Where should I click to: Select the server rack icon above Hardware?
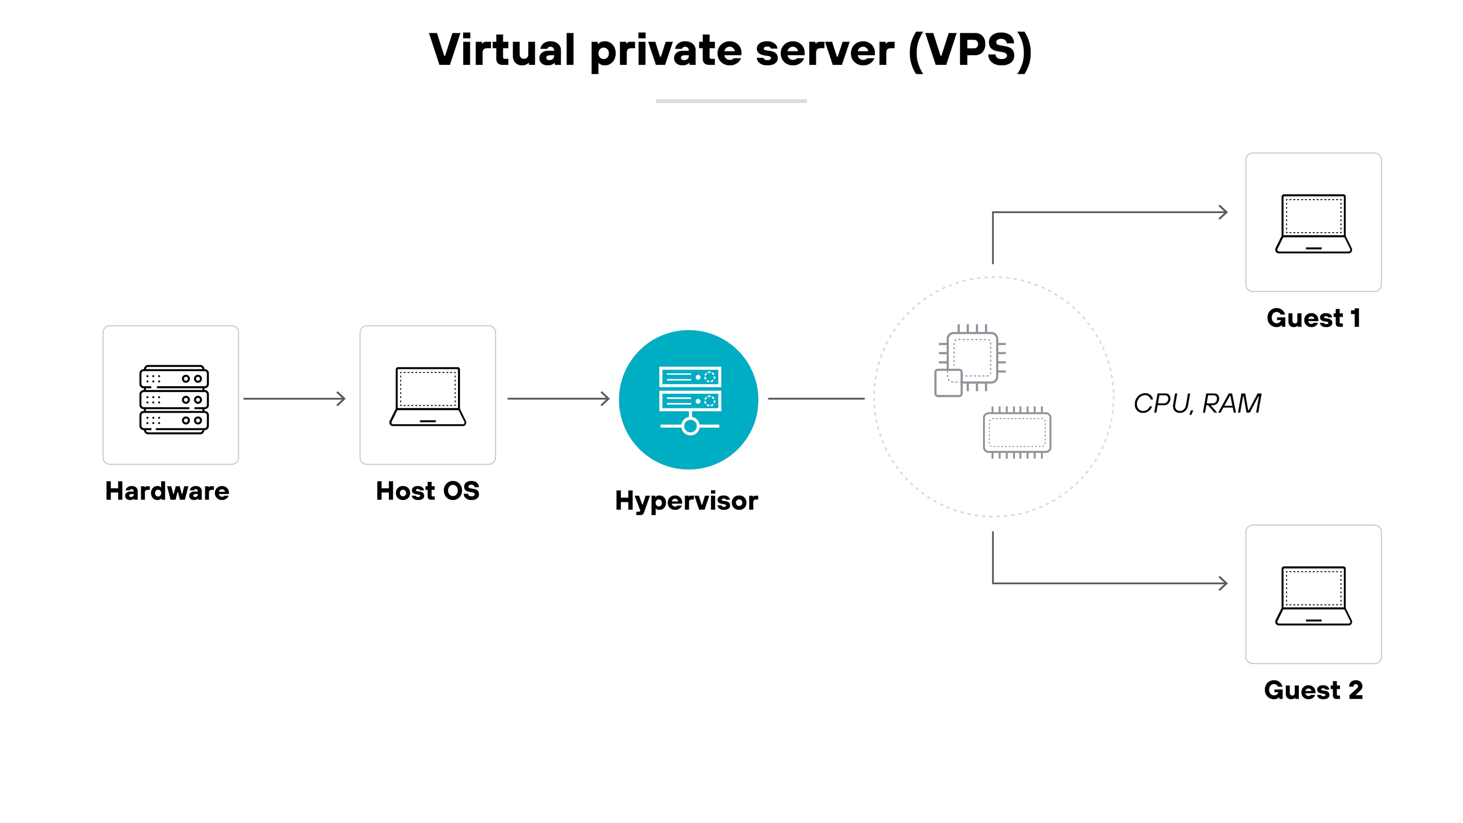(174, 399)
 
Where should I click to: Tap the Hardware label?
(167, 491)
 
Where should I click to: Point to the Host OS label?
(428, 491)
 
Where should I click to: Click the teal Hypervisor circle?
(688, 399)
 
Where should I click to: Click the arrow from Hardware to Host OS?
(294, 399)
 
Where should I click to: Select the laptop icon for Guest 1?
(1313, 224)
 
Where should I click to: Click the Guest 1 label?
(1313, 318)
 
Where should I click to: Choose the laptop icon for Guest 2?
(1313, 596)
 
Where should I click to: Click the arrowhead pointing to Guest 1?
(1223, 212)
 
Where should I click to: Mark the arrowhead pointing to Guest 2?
(1223, 583)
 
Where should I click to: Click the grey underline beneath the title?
(731, 101)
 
